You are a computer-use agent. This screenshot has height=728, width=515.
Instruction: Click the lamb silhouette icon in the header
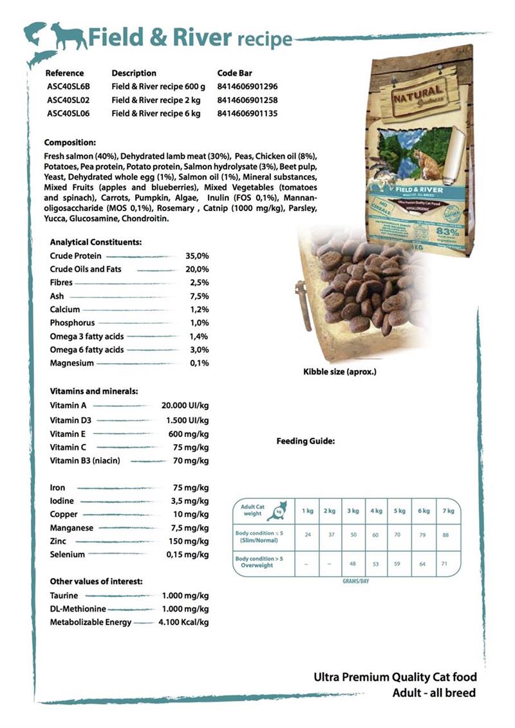tap(69, 37)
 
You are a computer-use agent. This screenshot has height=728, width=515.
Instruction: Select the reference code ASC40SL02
tap(68, 100)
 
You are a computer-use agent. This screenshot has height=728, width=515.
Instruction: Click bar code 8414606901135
tap(248, 114)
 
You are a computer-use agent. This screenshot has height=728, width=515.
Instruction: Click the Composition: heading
tap(70, 142)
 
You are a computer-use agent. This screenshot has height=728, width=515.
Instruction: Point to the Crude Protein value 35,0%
tap(197, 256)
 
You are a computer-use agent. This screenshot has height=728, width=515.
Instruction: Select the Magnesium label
tap(71, 363)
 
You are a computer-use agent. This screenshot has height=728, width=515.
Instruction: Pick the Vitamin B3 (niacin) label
tap(85, 460)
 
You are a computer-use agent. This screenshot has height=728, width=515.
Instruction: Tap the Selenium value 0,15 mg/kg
tap(187, 554)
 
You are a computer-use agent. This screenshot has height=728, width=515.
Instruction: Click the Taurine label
tap(64, 595)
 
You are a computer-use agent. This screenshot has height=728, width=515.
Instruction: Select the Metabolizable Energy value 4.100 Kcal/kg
tap(183, 622)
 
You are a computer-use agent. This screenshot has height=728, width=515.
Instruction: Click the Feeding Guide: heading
tap(305, 442)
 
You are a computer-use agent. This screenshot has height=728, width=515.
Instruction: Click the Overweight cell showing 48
tap(353, 564)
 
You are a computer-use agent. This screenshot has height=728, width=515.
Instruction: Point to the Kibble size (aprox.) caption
tap(339, 371)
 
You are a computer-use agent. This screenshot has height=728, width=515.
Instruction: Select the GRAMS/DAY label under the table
tap(355, 581)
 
